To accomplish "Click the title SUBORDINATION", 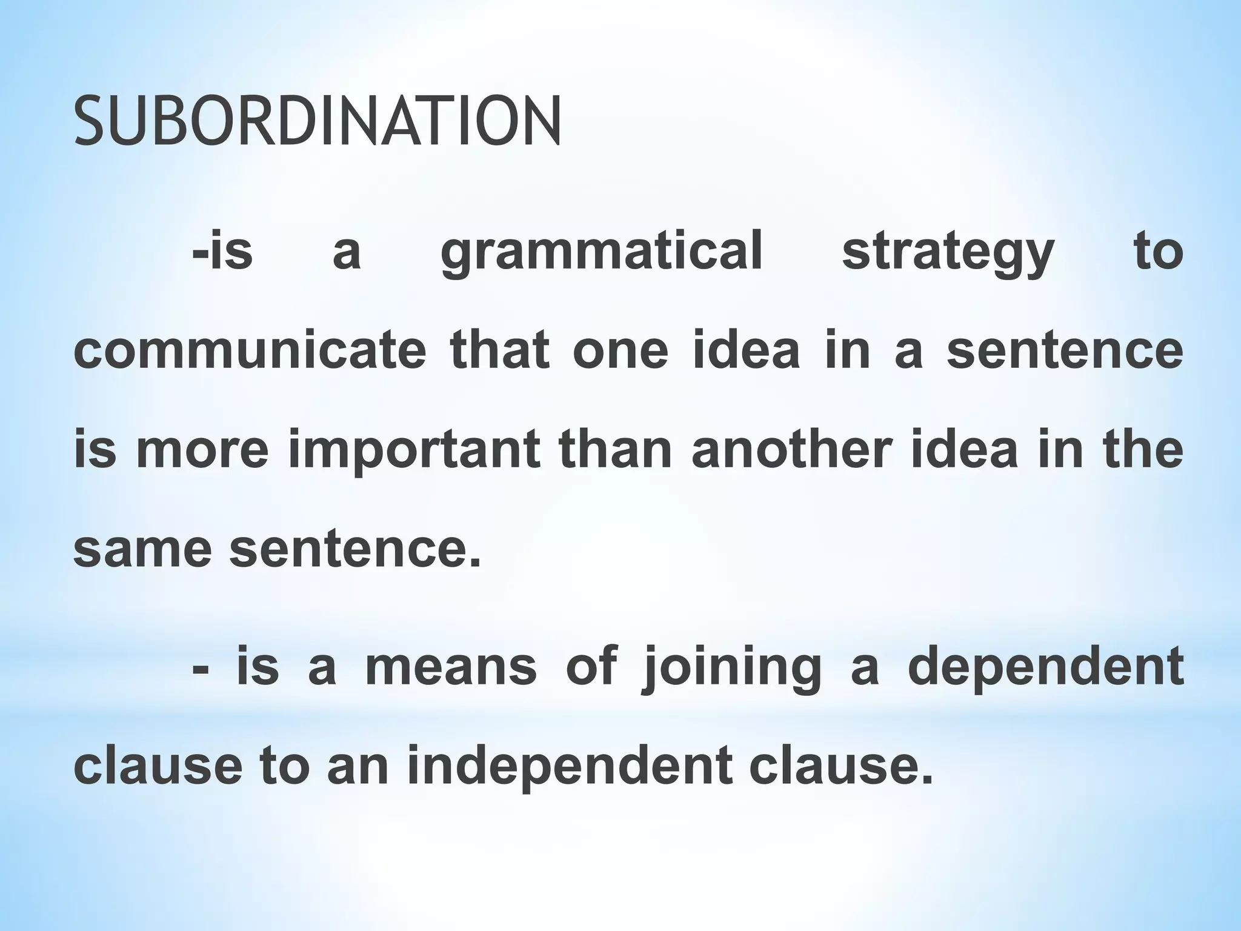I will [x=318, y=122].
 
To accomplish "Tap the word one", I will [x=620, y=352].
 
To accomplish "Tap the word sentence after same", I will [x=354, y=549].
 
